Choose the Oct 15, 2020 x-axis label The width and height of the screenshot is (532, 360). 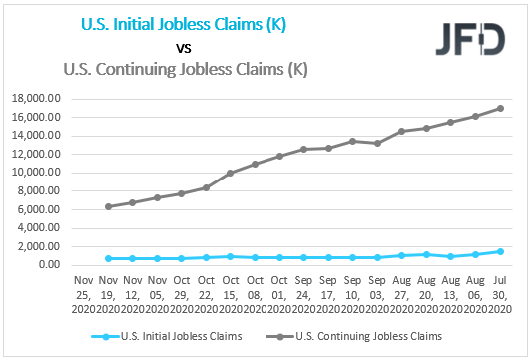click(x=230, y=292)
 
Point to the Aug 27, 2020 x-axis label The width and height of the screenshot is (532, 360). click(x=401, y=292)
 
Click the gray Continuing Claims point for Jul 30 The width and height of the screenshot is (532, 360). click(x=499, y=108)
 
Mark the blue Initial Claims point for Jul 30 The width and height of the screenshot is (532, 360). click(x=499, y=251)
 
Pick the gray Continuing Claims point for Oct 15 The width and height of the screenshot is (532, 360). click(x=230, y=173)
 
